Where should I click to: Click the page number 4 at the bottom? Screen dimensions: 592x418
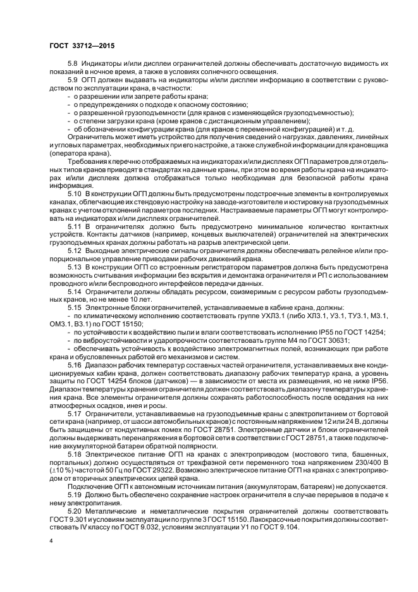pos(51,541)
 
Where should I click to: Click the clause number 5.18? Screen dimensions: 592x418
pos(75,453)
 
